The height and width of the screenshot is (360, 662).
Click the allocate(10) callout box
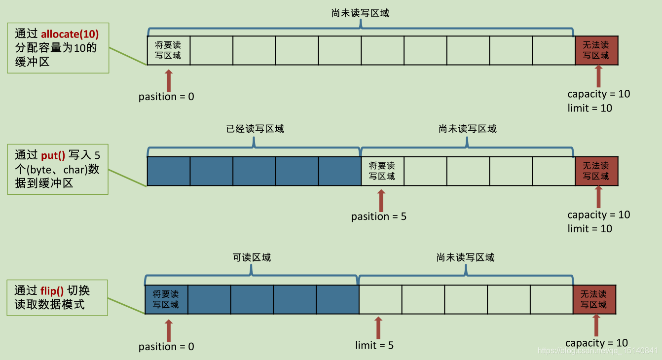(x=58, y=48)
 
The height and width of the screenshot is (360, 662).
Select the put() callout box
(x=57, y=169)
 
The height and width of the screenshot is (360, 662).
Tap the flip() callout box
(x=57, y=297)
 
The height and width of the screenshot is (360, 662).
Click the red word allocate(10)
(x=70, y=34)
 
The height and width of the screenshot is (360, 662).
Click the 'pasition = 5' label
(x=379, y=216)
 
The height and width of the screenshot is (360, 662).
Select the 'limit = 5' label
(x=374, y=345)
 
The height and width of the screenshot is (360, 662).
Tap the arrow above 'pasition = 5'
(x=380, y=200)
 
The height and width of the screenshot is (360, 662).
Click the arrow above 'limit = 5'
(x=378, y=327)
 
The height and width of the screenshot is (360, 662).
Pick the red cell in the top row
(x=596, y=50)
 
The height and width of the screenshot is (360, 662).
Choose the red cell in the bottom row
(x=594, y=299)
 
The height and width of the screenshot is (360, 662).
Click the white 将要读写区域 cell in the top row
(x=168, y=50)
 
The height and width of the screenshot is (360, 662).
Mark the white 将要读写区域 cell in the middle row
(x=382, y=171)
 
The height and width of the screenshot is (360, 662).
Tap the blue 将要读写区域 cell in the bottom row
(x=166, y=299)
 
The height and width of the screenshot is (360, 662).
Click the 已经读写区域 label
(x=255, y=129)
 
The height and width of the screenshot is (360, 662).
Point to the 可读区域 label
(x=252, y=257)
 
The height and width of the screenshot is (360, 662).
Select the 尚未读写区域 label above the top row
(x=360, y=13)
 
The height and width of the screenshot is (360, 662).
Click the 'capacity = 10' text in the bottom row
(x=596, y=343)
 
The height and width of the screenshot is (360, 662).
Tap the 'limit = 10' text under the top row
(x=589, y=108)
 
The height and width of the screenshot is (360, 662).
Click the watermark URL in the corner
(x=597, y=351)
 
